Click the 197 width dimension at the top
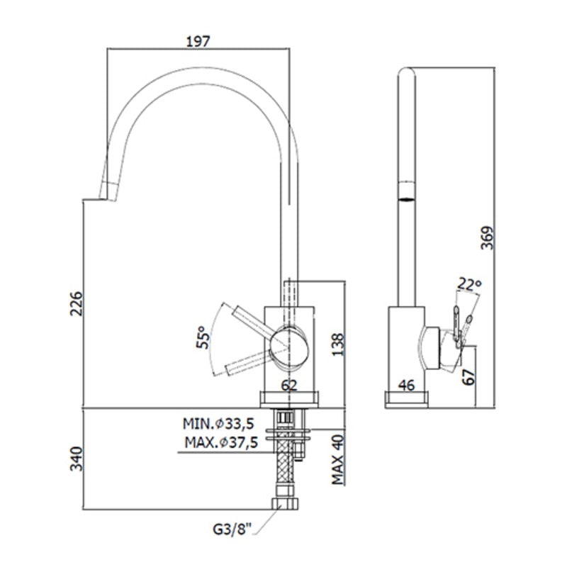tap(198, 42)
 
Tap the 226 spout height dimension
tap(77, 303)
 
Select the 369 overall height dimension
tap(487, 237)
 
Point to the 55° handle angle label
tap(203, 337)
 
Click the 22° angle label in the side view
tap(469, 284)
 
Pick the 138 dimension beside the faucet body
tap(338, 344)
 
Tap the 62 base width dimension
tap(289, 386)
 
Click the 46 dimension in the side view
tap(406, 386)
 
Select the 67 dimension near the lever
tap(469, 377)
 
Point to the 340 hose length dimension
tap(77, 459)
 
